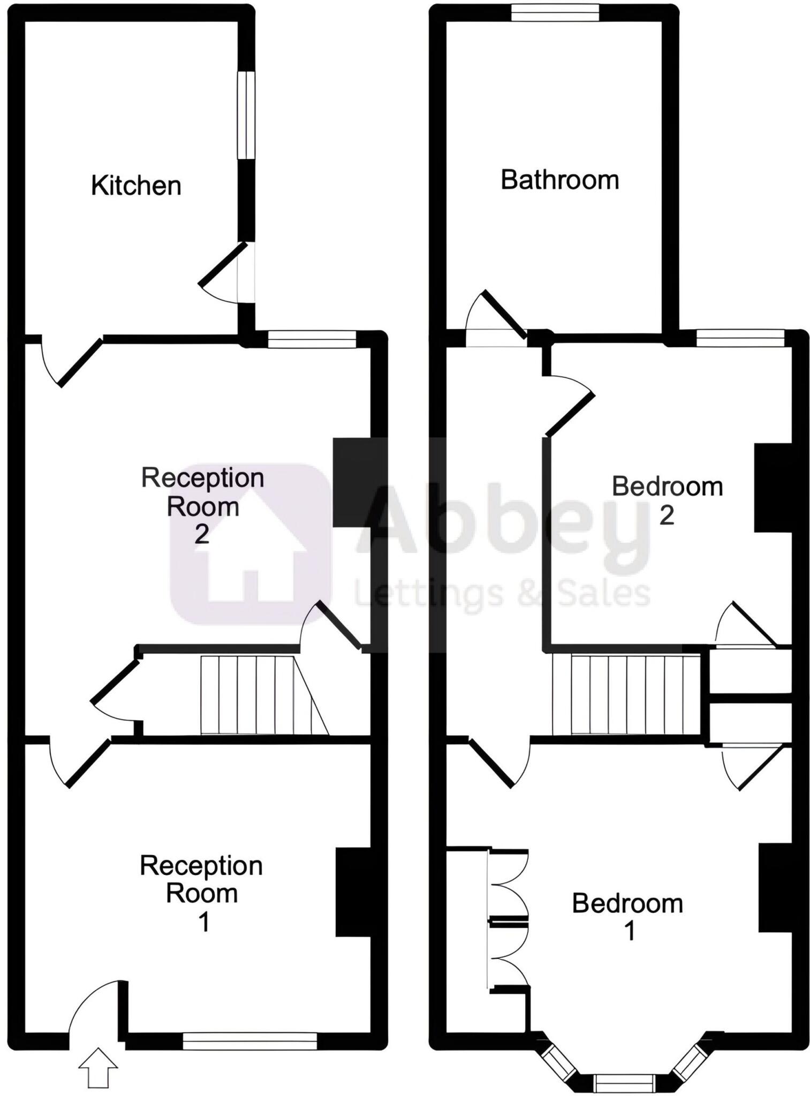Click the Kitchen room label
coord(136,186)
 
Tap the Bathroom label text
coord(559,180)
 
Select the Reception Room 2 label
coord(202,505)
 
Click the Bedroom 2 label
coord(667,500)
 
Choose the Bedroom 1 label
coord(627,917)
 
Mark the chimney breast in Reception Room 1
coord(353,892)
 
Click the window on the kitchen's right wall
coord(246,115)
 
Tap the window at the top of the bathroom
coord(554,12)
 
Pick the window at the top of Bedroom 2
coord(740,338)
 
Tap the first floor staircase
coord(626,695)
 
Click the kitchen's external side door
coord(246,273)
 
